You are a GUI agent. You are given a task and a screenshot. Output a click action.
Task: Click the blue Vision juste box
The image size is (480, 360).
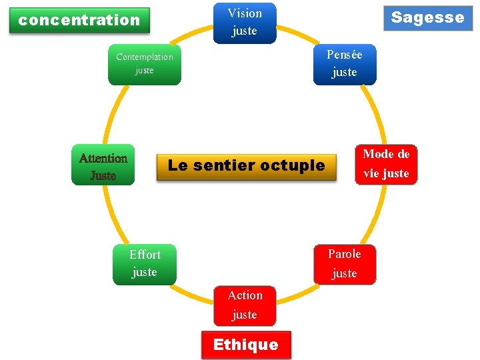[x=245, y=22]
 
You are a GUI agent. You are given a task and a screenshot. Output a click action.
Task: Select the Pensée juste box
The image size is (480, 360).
[x=345, y=64]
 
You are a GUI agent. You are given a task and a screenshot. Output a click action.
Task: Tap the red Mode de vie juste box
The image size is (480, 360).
[x=386, y=164]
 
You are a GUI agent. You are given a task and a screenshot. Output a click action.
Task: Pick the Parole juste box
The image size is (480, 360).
[x=345, y=264]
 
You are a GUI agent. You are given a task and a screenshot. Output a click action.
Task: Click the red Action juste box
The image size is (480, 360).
[x=245, y=305]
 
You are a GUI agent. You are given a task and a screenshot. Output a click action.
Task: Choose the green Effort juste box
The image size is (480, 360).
[x=145, y=264]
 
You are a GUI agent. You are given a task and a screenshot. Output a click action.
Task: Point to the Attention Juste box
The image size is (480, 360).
[x=103, y=165]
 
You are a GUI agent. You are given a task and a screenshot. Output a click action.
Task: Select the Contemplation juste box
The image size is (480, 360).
[x=145, y=64]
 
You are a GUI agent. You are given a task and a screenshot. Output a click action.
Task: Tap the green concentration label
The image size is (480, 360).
[x=79, y=20]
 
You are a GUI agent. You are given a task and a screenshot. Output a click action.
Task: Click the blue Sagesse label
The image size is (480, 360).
[x=427, y=17]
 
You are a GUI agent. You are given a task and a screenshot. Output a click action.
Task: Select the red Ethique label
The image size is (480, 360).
[x=245, y=345]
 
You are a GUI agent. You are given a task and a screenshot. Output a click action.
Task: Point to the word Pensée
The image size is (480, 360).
[x=345, y=55]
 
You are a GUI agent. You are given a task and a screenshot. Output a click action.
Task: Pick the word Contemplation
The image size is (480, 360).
[x=145, y=57]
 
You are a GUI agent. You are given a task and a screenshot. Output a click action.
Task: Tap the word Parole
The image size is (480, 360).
[x=345, y=254]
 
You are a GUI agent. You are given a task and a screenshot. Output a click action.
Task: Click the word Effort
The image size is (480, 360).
[x=145, y=255]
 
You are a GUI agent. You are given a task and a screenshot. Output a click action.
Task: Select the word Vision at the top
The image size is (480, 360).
[x=245, y=13]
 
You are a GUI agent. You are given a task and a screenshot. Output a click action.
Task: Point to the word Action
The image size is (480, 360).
[x=245, y=295]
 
